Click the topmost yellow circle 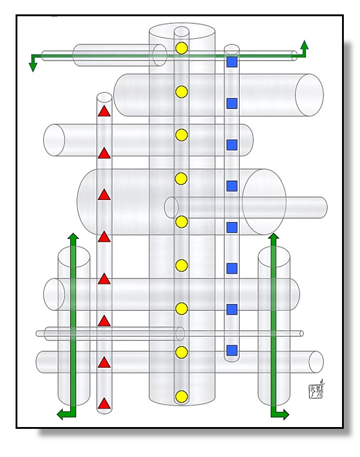coord(181,47)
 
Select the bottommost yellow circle coord(181,396)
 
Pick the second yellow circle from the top coord(181,92)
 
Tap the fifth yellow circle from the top coord(181,222)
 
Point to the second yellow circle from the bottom coord(181,352)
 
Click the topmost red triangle coord(104,111)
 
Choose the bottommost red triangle coord(104,404)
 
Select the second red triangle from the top coord(104,153)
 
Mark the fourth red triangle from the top coord(104,237)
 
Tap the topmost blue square coord(232,62)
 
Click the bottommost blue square coord(232,350)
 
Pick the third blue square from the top coord(232,145)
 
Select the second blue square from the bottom coord(232,309)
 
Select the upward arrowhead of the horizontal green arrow coord(304,44)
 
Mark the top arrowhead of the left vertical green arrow coord(73,237)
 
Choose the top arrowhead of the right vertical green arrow coord(273,237)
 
